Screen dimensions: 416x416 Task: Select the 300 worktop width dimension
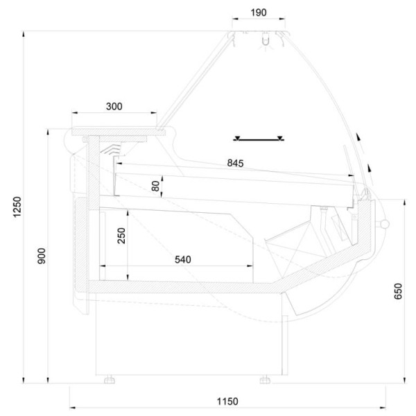[x=114, y=106]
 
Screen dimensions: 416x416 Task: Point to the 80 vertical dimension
[x=156, y=185]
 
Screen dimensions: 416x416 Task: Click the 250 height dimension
[x=121, y=236]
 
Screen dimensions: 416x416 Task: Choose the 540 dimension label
[x=182, y=259]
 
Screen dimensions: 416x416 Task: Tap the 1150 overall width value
[x=227, y=401]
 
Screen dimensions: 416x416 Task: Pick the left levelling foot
[x=110, y=379]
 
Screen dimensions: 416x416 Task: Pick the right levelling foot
[x=265, y=379]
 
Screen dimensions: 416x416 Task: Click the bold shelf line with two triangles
[x=258, y=138]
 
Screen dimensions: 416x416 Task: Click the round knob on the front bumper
[x=385, y=223]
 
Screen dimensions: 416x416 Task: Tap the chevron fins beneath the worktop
[x=111, y=148]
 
